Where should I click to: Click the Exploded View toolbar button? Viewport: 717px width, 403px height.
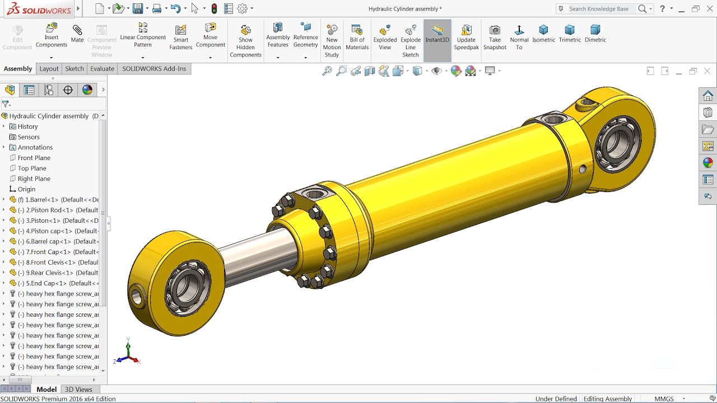(385, 36)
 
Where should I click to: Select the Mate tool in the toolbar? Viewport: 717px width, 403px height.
(77, 34)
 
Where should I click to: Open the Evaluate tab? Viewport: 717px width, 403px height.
(102, 68)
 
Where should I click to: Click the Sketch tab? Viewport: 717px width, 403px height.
(75, 68)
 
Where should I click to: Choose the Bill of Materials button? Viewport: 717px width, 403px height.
(357, 36)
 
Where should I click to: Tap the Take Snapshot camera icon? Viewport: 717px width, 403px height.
(495, 36)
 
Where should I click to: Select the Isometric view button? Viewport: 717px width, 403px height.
(543, 33)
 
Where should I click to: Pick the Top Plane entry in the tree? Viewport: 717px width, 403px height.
(32, 168)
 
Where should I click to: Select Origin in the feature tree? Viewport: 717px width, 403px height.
(26, 189)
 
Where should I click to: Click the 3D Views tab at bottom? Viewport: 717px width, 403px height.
(78, 389)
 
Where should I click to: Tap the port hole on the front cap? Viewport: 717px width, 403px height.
(315, 194)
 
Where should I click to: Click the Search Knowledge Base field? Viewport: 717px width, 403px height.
(599, 8)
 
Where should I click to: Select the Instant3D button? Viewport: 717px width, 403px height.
(437, 36)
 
